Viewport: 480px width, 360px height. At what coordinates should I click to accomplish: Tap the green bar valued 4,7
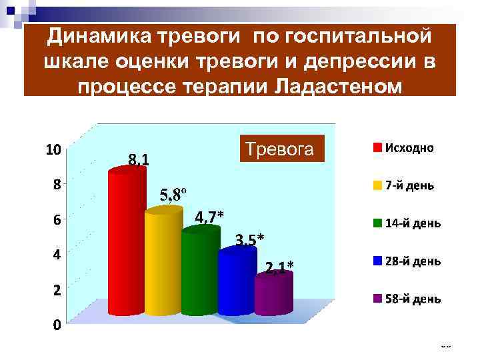pos(200,270)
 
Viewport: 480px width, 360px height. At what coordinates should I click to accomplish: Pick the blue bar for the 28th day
pos(237,280)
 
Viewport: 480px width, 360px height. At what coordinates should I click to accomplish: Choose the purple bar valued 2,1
pos(273,293)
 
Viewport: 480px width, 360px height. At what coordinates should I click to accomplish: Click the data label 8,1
pos(139,159)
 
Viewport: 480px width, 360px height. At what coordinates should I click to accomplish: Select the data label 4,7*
pos(209,217)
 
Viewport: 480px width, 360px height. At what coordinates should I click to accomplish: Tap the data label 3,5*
pos(249,239)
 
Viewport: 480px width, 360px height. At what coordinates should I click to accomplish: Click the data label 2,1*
pos(279,268)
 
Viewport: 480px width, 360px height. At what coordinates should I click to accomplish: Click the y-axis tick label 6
pos(58,219)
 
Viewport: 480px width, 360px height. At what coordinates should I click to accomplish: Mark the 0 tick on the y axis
pos(58,325)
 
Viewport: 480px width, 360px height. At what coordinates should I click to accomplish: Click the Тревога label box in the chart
pos(283,149)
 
